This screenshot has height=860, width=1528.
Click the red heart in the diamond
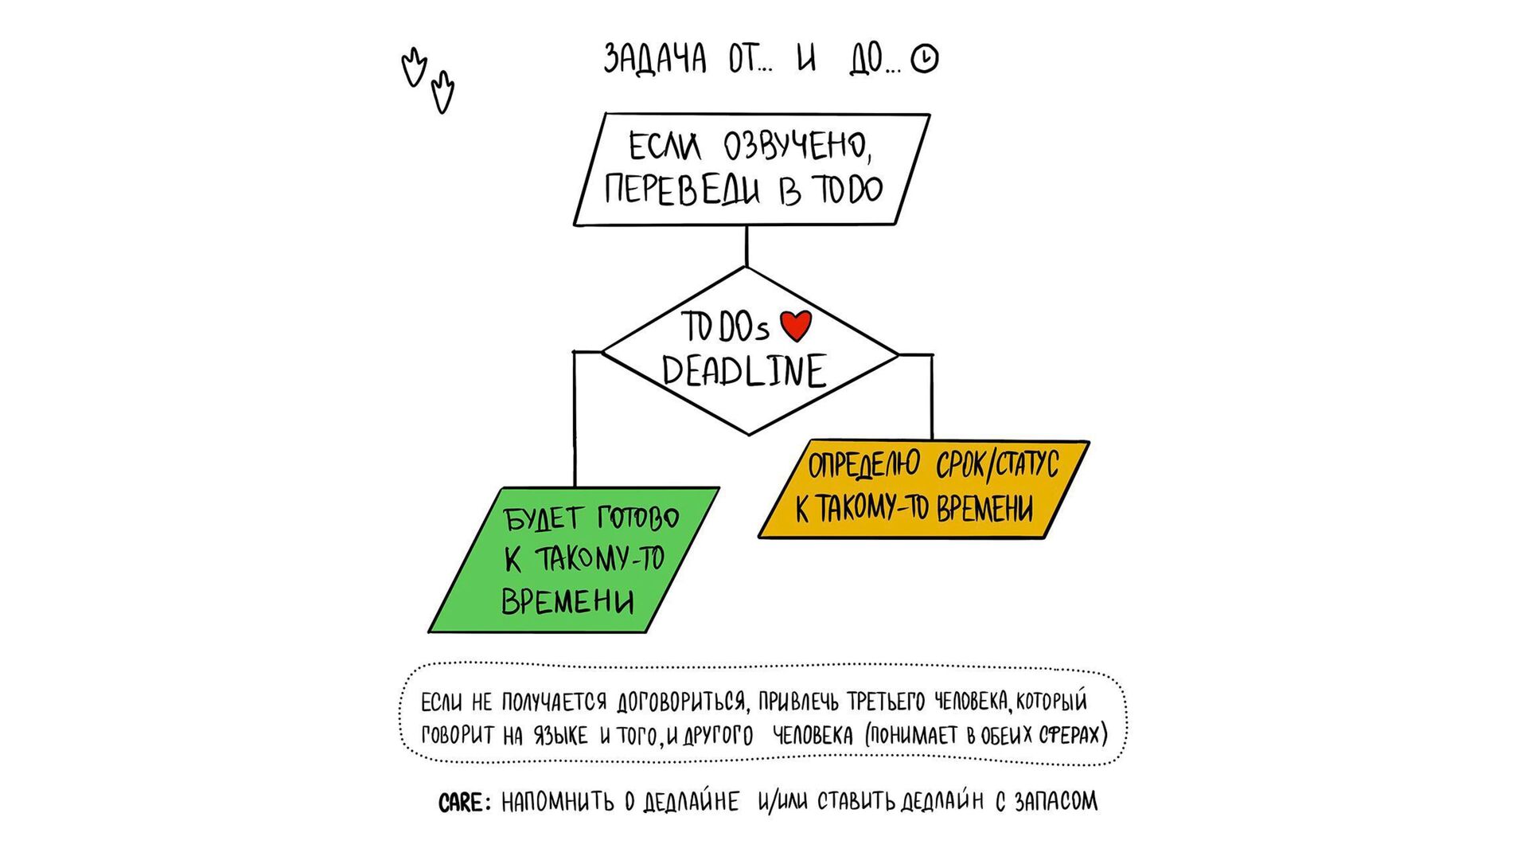coord(795,325)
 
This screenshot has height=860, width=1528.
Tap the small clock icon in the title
coord(924,59)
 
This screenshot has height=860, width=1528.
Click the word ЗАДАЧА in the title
coord(654,59)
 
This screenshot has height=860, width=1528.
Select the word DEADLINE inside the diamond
coord(744,372)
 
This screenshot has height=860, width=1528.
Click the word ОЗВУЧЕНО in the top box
coord(796,147)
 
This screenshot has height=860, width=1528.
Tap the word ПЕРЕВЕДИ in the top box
coord(681,190)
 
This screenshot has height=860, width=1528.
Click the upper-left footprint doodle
coord(413,68)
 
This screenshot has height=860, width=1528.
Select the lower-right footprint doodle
coord(442,92)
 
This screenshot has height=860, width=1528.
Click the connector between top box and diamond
coord(746,246)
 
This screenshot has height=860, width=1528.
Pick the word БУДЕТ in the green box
coord(543,519)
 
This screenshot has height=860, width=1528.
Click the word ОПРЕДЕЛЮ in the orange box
coord(863,465)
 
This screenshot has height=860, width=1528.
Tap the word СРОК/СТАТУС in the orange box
coord(996,465)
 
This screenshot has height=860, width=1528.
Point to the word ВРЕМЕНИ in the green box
coord(567,601)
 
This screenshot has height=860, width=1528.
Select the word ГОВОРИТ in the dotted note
coord(458,735)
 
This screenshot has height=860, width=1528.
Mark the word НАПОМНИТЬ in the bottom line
coord(557,803)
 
